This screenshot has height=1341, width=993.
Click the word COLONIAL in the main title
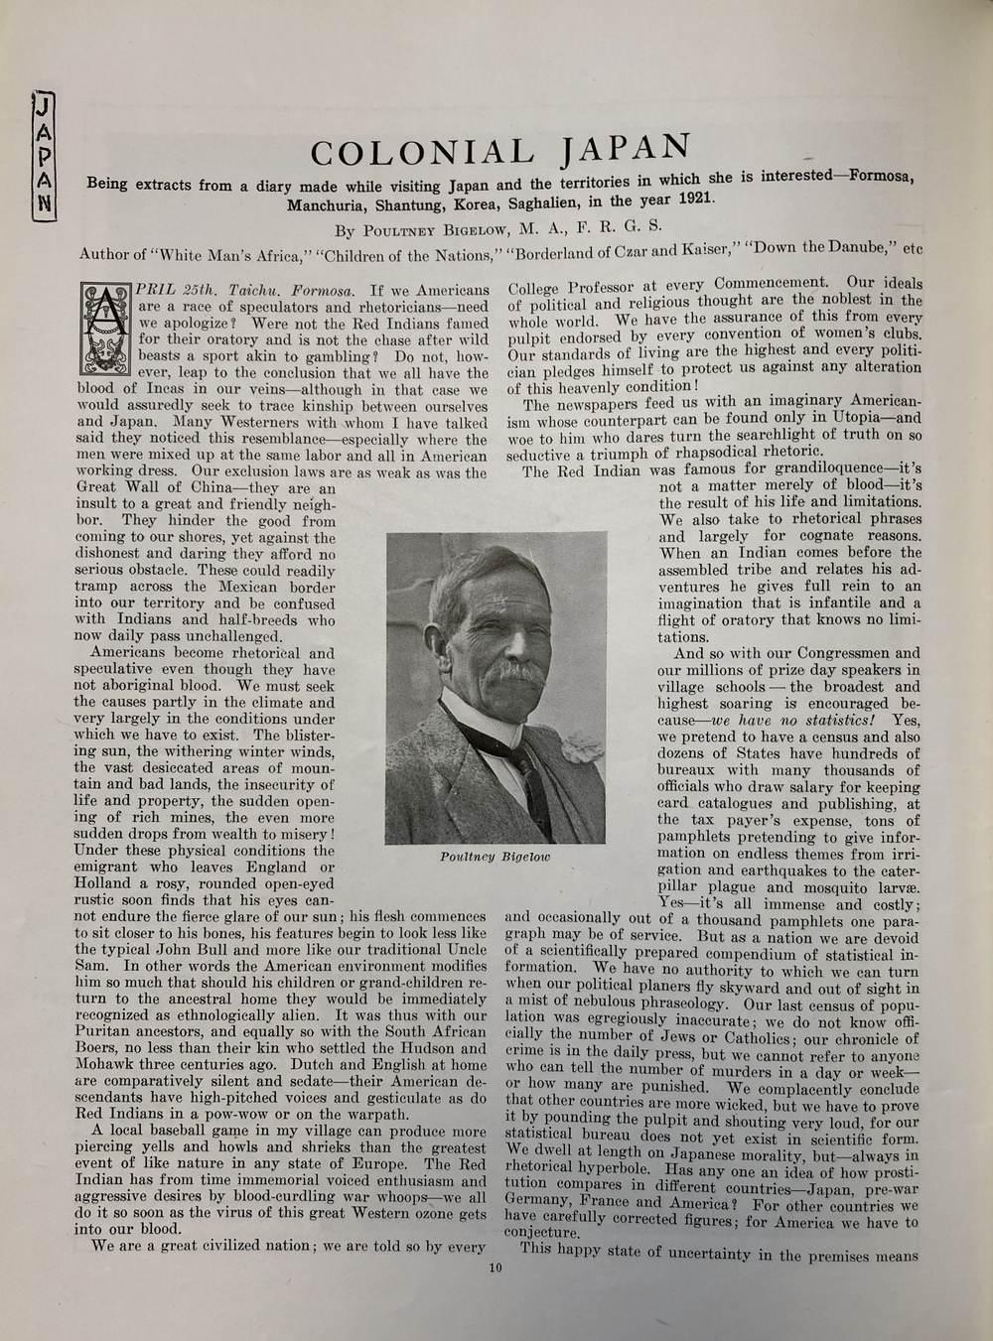(x=422, y=153)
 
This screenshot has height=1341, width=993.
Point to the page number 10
(x=496, y=1267)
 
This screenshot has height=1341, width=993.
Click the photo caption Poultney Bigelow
(x=495, y=857)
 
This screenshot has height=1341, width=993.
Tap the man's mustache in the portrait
(x=521, y=673)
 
